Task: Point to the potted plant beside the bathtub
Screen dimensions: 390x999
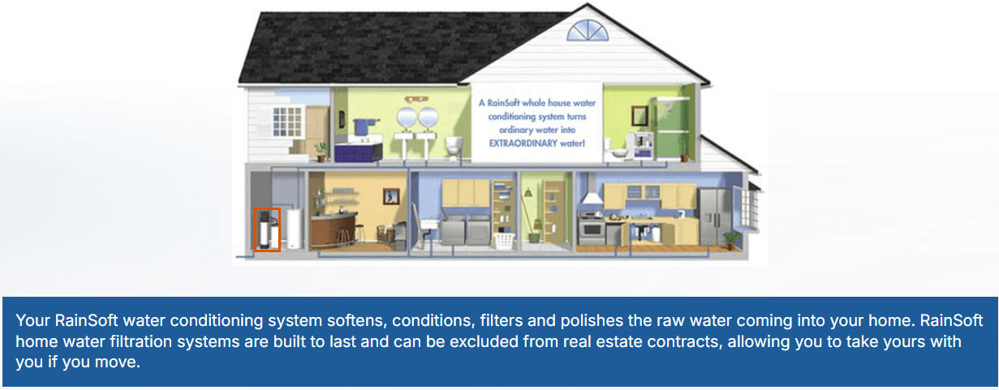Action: [322, 149]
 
